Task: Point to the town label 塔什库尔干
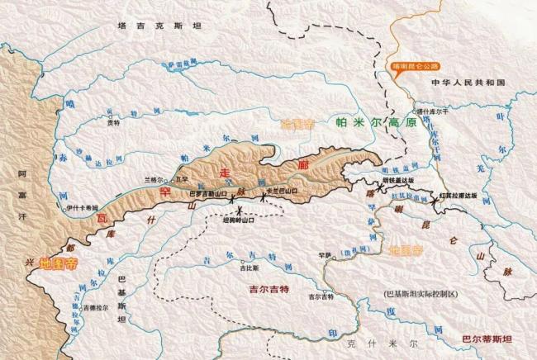point(432,110)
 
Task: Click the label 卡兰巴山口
point(282,193)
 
